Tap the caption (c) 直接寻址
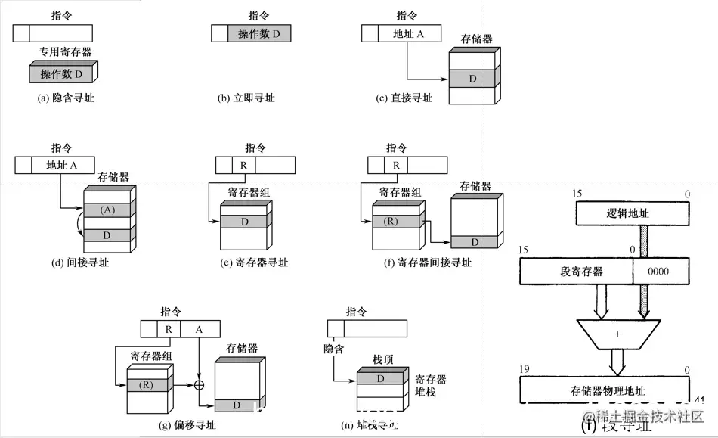click(404, 98)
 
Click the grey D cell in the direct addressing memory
click(472, 79)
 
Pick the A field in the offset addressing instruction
click(200, 329)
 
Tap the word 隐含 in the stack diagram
click(333, 349)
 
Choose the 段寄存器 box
click(577, 271)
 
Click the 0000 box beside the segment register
click(661, 271)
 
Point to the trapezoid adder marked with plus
click(617, 333)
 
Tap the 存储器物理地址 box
click(607, 390)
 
